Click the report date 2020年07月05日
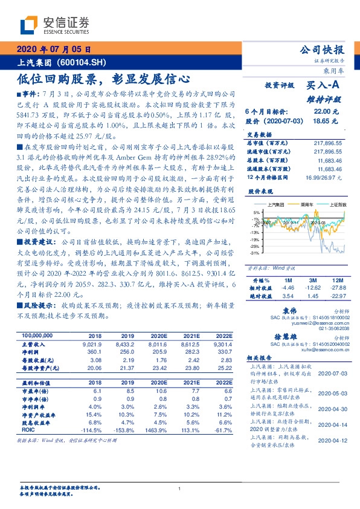[54, 50]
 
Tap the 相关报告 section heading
[262, 359]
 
